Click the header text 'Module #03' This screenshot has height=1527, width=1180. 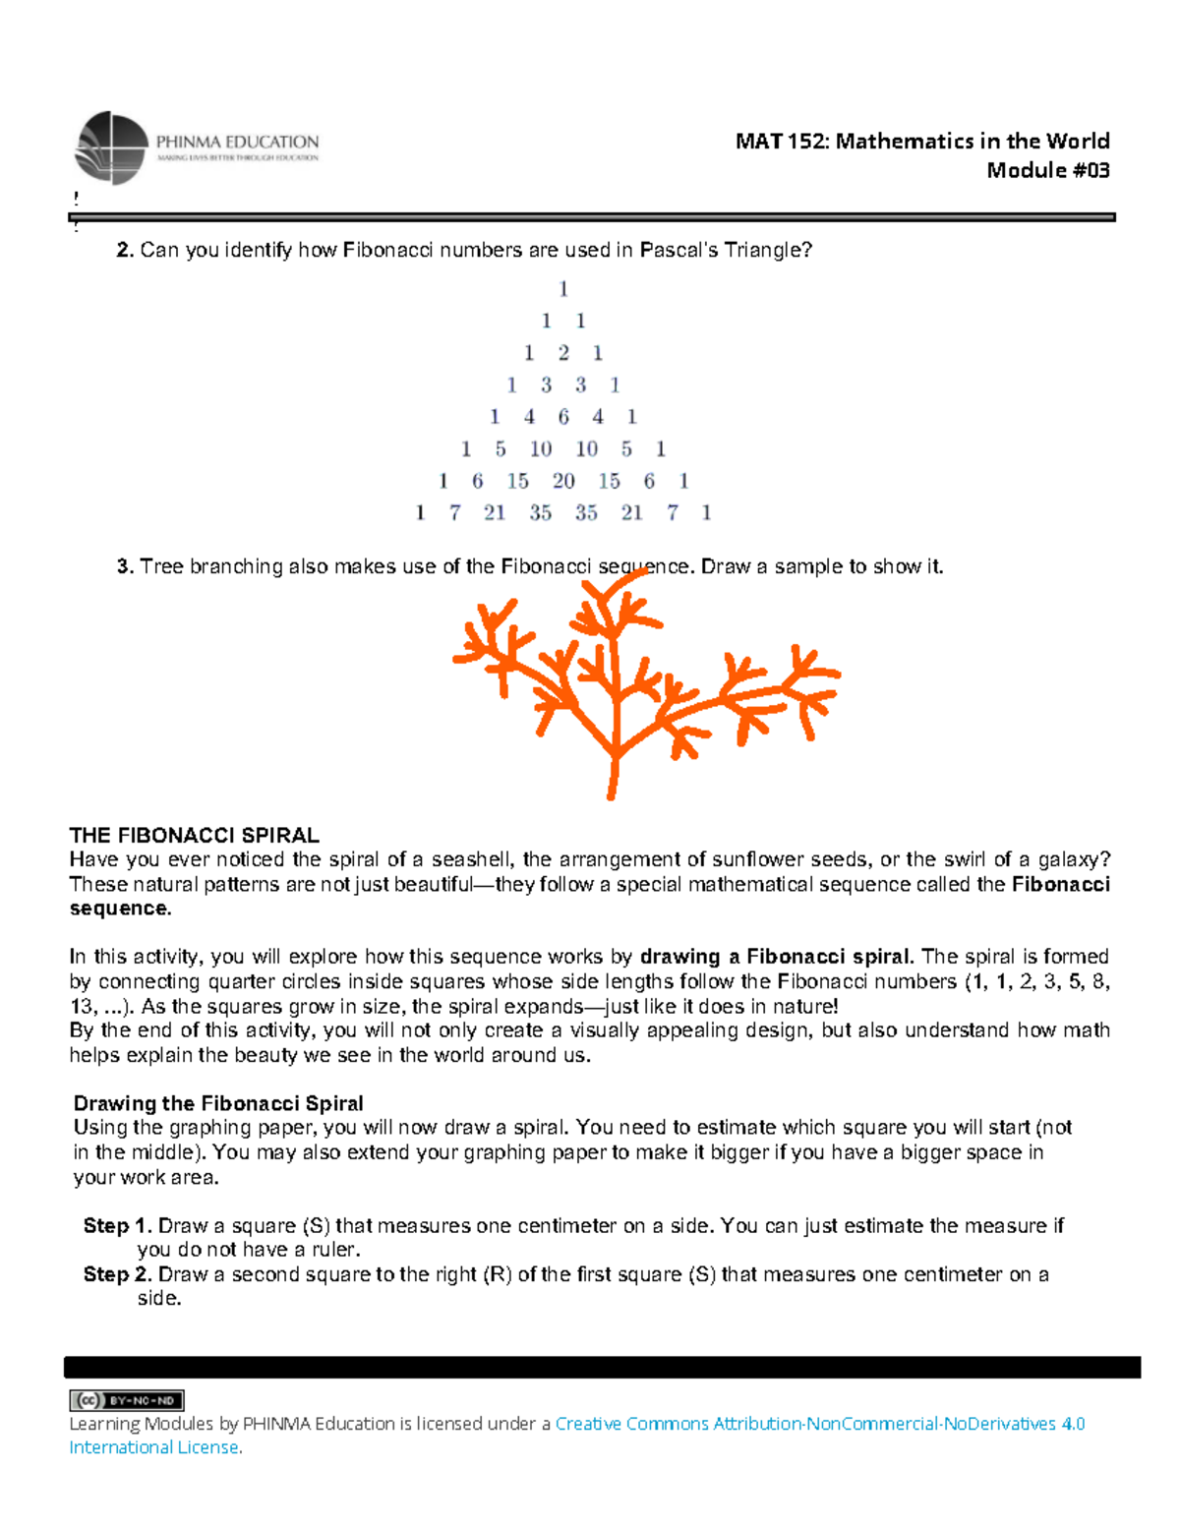point(1047,171)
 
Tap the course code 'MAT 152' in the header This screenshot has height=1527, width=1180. point(782,142)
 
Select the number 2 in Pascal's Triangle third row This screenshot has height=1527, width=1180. point(563,353)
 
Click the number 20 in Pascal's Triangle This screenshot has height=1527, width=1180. point(563,481)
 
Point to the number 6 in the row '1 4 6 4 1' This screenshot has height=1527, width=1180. point(563,417)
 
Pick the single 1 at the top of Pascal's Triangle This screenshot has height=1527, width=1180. point(563,289)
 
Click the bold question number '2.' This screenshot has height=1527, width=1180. point(125,251)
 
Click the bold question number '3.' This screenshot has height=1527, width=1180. point(125,567)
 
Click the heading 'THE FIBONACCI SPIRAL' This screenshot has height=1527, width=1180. point(194,836)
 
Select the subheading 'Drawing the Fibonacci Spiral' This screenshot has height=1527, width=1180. point(218,1103)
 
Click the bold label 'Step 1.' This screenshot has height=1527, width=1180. point(117,1226)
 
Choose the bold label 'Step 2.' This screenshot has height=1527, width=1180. point(117,1274)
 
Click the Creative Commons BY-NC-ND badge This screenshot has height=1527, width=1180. point(127,1400)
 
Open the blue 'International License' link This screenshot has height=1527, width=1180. point(154,1447)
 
